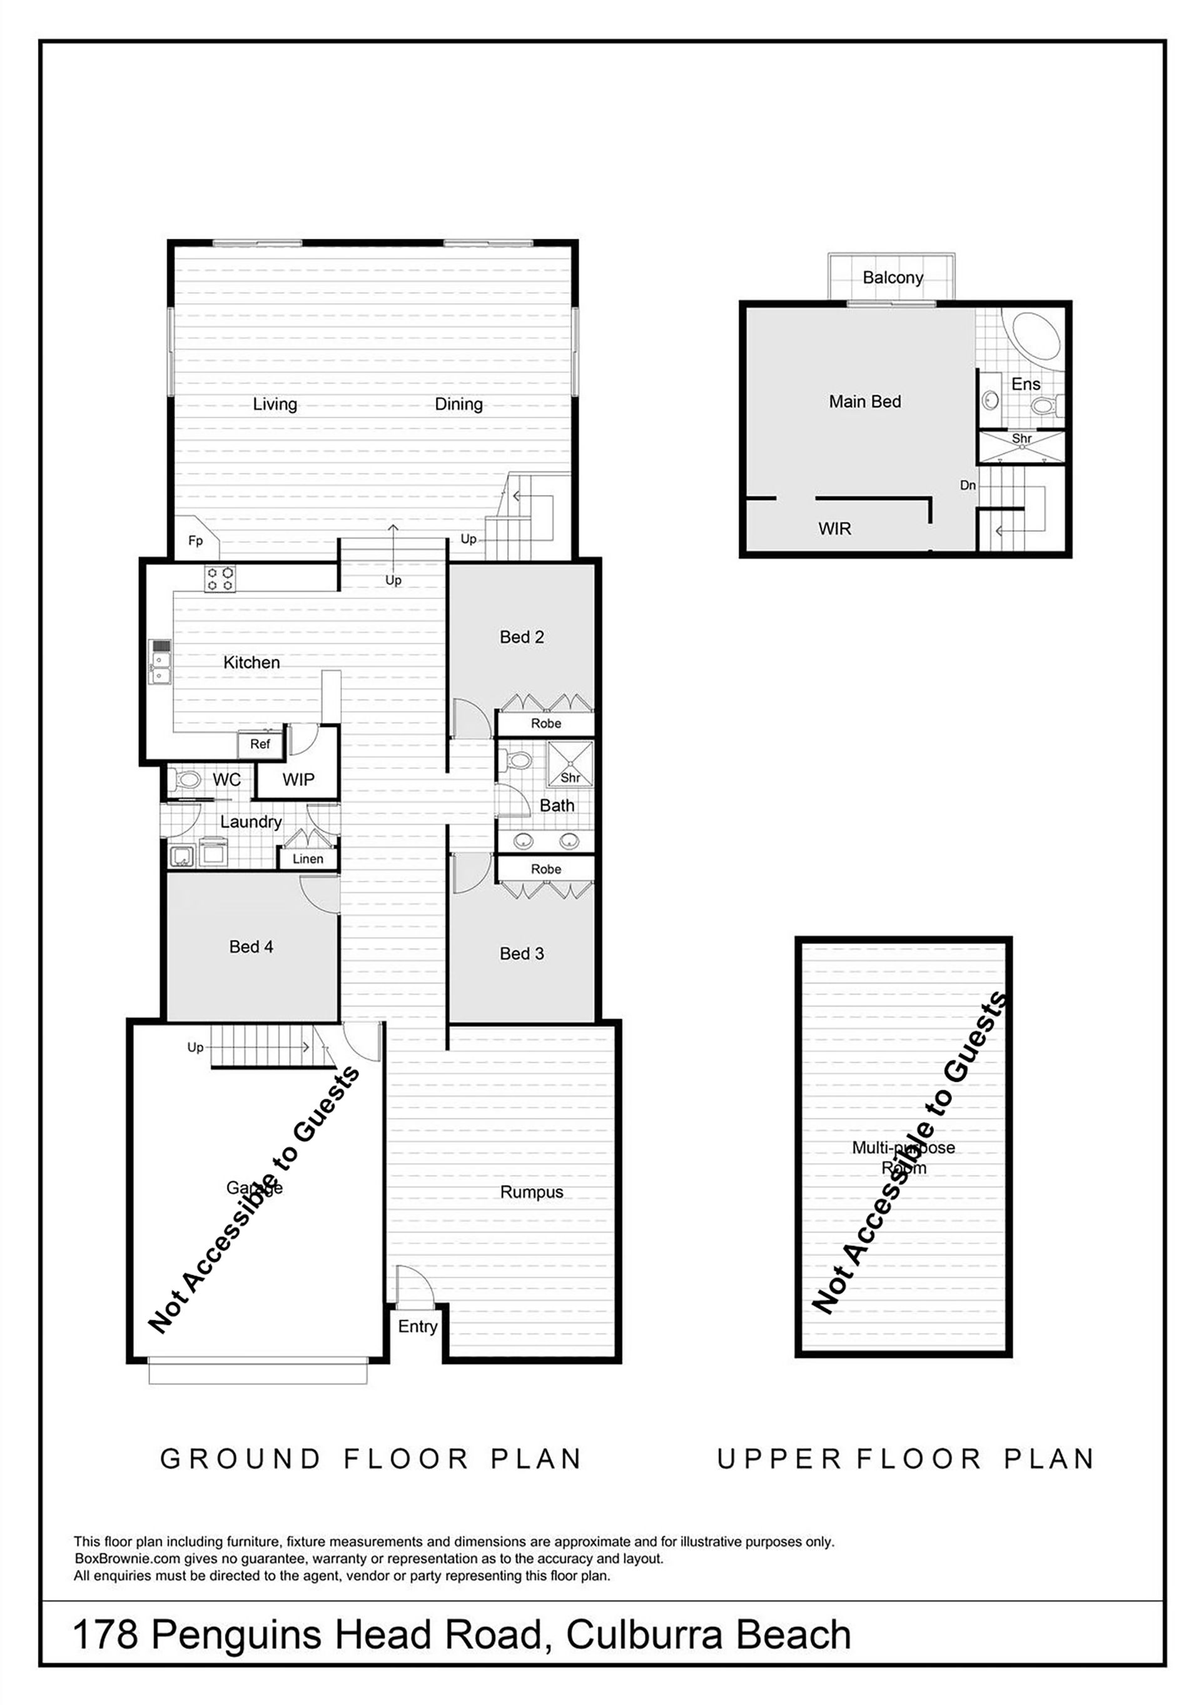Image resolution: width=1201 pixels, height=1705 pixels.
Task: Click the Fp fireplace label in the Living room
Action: click(x=195, y=541)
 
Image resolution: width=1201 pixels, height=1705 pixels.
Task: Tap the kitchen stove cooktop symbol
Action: click(x=220, y=579)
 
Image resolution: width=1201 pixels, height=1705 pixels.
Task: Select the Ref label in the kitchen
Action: click(x=260, y=744)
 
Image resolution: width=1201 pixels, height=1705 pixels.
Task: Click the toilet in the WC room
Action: click(x=186, y=780)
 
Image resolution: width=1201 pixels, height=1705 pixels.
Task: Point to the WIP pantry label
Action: click(x=298, y=779)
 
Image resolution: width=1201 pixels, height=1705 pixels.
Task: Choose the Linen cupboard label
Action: click(x=308, y=858)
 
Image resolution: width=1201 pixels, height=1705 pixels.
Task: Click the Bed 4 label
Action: click(x=251, y=947)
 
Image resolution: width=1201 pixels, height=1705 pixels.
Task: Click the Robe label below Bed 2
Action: click(x=546, y=723)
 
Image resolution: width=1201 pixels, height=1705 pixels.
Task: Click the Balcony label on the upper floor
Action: click(x=893, y=278)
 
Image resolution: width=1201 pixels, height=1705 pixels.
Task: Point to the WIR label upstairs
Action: click(x=835, y=529)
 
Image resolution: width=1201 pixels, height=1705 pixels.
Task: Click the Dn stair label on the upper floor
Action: click(x=968, y=486)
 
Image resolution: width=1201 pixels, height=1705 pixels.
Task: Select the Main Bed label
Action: click(x=865, y=402)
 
